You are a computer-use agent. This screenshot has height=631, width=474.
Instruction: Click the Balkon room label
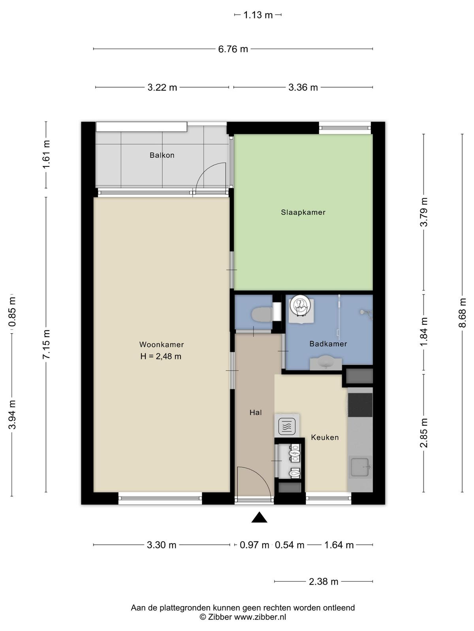point(162,155)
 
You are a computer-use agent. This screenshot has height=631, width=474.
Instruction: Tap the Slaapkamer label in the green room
point(303,213)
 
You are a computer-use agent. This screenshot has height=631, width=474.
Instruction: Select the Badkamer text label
point(328,344)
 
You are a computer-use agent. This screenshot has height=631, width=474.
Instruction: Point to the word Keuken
point(325,437)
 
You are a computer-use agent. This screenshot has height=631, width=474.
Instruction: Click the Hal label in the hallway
point(256,413)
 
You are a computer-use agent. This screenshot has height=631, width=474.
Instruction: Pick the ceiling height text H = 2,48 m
point(161,357)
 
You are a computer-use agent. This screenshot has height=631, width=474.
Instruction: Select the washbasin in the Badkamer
point(326,364)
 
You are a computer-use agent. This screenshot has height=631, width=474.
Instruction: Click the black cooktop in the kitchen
point(360,405)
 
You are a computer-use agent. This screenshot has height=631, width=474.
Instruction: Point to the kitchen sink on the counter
point(360,467)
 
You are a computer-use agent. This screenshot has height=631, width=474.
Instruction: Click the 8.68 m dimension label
point(462,313)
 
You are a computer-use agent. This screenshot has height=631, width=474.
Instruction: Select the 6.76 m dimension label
point(233,49)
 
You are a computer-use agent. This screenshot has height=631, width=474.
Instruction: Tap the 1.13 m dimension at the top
point(258,15)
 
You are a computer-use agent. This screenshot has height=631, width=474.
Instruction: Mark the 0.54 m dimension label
point(290,545)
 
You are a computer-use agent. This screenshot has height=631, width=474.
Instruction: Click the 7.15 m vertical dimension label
point(46,344)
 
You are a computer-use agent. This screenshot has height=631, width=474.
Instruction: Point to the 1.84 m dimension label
point(424,332)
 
